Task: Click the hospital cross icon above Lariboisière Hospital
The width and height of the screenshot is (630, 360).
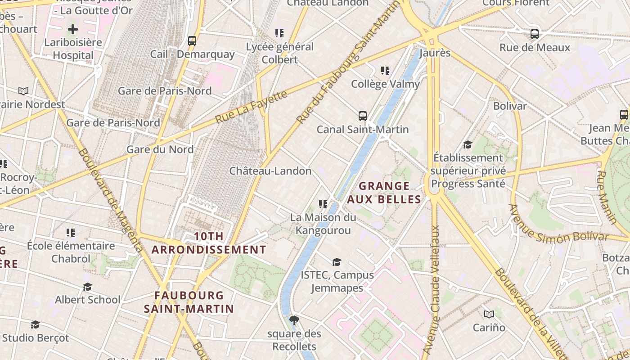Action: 72,30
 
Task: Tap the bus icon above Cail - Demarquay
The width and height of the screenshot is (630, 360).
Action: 192,41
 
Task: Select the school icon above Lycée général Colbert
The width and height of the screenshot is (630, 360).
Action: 279,33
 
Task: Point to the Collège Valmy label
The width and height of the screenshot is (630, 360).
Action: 385,84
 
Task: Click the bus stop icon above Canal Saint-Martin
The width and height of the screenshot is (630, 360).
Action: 363,116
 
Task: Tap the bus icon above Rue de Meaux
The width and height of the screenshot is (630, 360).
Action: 535,34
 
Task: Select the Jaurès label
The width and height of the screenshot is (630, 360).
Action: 434,53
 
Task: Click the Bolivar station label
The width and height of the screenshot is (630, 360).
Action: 510,106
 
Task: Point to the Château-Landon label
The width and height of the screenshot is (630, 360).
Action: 270,171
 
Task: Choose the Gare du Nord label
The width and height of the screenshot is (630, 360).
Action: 160,149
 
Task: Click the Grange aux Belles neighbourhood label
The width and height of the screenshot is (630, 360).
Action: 384,193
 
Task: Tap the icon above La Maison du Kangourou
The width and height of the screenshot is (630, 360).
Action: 323,204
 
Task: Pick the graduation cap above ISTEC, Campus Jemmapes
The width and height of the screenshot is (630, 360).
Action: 337,262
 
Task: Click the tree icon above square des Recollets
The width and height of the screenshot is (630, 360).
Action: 294,320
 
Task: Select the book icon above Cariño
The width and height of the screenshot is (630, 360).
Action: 489,314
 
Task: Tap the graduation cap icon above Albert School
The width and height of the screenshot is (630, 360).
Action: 88,287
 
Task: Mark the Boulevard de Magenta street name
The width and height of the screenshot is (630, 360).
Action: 110,200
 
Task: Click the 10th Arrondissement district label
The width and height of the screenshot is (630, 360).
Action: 209,243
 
